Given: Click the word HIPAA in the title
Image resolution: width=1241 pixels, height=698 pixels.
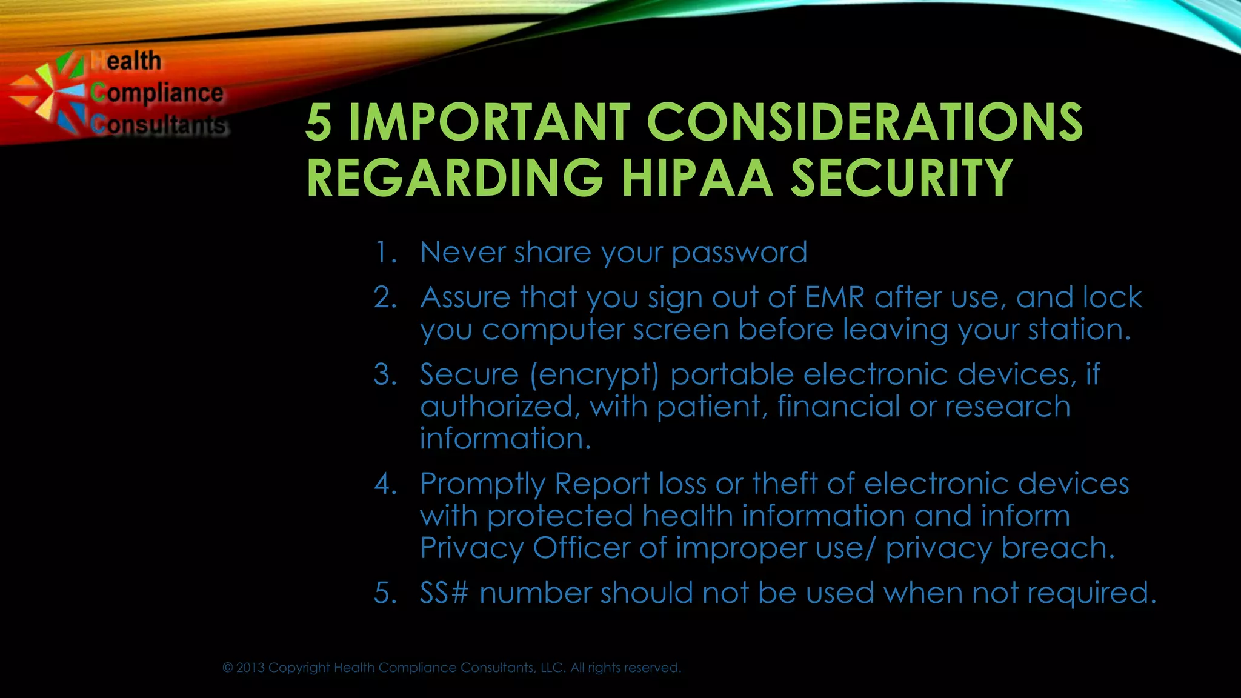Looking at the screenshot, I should coord(697,178).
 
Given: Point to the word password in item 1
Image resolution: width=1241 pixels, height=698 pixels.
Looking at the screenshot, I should coord(739,253).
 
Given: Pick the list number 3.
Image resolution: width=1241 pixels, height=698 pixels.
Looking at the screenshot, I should coord(384,374).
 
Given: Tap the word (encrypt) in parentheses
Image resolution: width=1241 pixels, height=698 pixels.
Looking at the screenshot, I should coord(594,375).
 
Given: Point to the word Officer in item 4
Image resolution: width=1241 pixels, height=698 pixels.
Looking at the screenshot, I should coord(581,548).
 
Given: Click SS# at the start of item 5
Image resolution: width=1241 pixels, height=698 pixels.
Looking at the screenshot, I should coord(444,593).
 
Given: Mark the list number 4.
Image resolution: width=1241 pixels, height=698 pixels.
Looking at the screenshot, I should coord(384,484).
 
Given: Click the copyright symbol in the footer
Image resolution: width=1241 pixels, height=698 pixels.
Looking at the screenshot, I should coord(228,668).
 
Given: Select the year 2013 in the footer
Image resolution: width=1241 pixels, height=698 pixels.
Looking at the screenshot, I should coord(250,668).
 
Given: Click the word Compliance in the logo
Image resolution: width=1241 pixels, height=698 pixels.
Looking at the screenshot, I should coord(157,93).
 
